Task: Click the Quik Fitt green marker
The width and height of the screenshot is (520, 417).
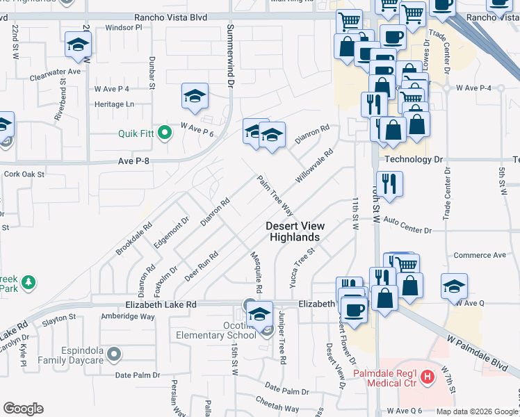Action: [x=165, y=131]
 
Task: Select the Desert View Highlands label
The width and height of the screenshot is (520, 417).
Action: [x=293, y=231]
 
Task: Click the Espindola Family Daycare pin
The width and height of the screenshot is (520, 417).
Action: [x=115, y=354]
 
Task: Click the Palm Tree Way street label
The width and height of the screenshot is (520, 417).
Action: [x=275, y=195]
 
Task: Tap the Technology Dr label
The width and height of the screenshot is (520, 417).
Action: [x=414, y=159]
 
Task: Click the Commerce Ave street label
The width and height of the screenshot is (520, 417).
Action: [x=480, y=255]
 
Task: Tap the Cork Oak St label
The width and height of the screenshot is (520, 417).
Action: [x=24, y=174]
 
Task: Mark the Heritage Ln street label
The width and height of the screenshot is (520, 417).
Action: [x=114, y=104]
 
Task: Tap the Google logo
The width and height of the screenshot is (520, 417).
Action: [x=23, y=409]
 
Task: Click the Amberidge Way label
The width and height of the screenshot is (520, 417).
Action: [x=127, y=316]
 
